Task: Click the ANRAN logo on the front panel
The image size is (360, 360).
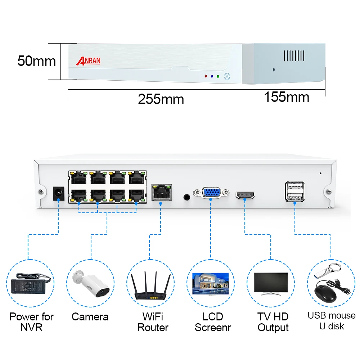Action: click(x=88, y=61)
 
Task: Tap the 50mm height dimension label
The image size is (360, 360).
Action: click(x=37, y=61)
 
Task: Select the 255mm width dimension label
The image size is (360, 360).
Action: click(x=161, y=99)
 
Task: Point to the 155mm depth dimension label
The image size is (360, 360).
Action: click(x=287, y=96)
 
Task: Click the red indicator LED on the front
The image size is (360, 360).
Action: click(x=206, y=76)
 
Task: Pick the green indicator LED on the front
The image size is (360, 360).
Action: click(x=218, y=76)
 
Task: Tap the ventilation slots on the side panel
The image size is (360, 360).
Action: click(x=294, y=56)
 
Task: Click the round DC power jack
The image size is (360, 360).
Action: click(x=59, y=193)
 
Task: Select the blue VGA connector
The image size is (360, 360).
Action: click(x=211, y=192)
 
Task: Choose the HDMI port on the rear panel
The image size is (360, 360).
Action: click(x=245, y=195)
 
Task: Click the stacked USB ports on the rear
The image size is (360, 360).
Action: click(x=295, y=192)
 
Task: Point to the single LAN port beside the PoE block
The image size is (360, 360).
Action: click(x=162, y=192)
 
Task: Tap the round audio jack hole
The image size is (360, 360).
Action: click(x=187, y=197)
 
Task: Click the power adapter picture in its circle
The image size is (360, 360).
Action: click(x=31, y=284)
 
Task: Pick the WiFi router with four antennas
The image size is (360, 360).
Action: click(x=150, y=285)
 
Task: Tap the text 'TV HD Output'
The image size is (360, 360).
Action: click(x=273, y=322)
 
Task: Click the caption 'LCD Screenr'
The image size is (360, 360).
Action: click(x=213, y=322)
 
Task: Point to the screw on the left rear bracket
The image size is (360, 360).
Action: click(x=41, y=191)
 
